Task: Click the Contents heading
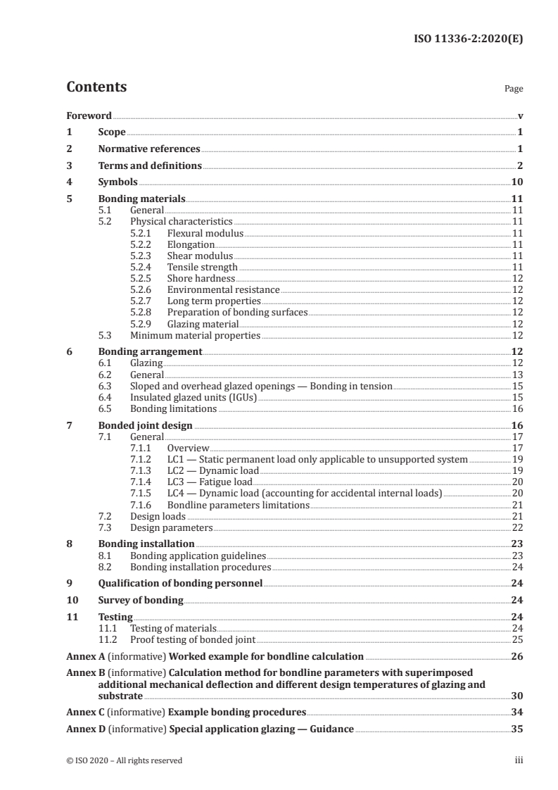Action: [96, 87]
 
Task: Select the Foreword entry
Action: [89, 115]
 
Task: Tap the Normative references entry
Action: [149, 149]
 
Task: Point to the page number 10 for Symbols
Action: [516, 182]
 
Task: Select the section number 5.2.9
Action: [143, 325]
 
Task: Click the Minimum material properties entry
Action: [195, 336]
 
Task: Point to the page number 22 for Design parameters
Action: [516, 527]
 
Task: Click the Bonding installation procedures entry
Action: [201, 567]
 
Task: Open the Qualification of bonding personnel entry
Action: [180, 584]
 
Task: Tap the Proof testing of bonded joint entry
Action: [193, 639]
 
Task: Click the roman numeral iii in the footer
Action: [519, 760]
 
